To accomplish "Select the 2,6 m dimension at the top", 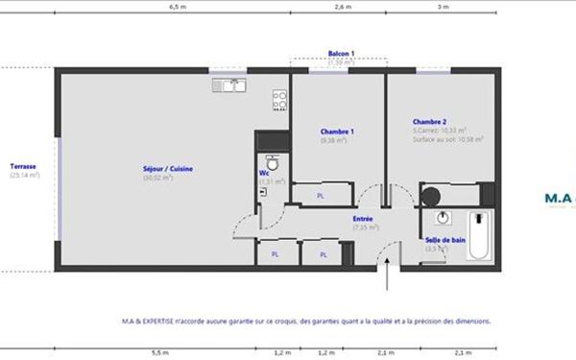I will pyautogui.click(x=342, y=6).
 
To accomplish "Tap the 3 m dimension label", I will pyautogui.click(x=443, y=6).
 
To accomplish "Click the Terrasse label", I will pyautogui.click(x=23, y=165).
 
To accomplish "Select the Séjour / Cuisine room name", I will pyautogui.click(x=168, y=169).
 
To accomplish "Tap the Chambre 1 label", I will pyautogui.click(x=337, y=131).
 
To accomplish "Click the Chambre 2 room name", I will pyautogui.click(x=429, y=122).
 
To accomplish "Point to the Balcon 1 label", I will pyautogui.click(x=341, y=54).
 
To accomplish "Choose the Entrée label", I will pyautogui.click(x=363, y=219).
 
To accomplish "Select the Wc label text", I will pyautogui.click(x=264, y=174).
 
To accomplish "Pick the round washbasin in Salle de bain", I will pyautogui.click(x=444, y=217).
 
